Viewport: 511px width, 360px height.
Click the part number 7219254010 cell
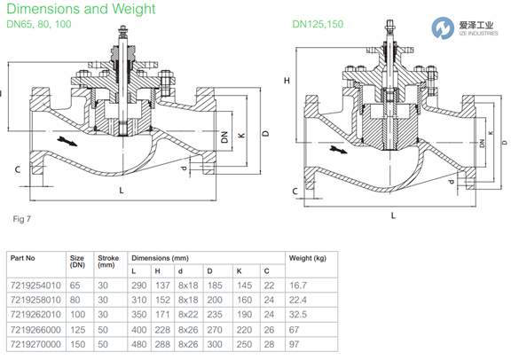(x=35, y=286)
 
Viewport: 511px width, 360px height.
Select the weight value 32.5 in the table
(x=298, y=315)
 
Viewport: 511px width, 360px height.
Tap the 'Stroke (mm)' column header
(x=108, y=262)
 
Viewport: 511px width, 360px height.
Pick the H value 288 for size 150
(x=162, y=344)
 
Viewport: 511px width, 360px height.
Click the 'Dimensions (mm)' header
(x=160, y=258)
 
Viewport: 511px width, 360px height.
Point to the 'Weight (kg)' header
(x=307, y=258)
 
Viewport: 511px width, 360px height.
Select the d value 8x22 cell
(x=188, y=315)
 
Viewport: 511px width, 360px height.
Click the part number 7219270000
(x=35, y=344)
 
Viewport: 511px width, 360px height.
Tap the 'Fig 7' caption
(x=22, y=219)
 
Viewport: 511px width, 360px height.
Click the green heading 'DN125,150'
(x=318, y=24)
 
